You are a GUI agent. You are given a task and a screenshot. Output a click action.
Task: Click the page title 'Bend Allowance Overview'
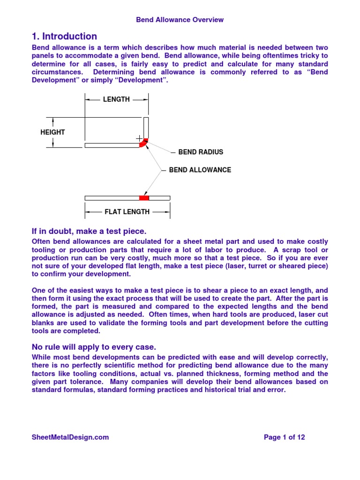click(x=180, y=20)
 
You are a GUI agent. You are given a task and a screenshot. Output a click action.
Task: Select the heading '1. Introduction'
click(x=64, y=37)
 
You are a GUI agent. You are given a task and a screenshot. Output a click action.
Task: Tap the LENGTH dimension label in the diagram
click(x=117, y=99)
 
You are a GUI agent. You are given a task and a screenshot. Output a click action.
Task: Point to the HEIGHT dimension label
click(x=52, y=132)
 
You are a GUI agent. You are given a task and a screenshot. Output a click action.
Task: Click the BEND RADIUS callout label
click(x=201, y=152)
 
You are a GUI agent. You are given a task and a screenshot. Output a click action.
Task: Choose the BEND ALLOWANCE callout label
click(x=200, y=170)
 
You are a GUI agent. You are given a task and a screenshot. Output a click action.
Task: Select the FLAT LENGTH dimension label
click(x=127, y=212)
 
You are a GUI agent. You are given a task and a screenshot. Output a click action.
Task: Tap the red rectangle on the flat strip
click(x=144, y=198)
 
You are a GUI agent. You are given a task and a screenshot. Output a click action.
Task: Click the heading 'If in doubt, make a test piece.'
click(x=89, y=231)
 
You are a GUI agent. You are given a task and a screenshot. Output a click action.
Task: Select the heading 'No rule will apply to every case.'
click(x=94, y=347)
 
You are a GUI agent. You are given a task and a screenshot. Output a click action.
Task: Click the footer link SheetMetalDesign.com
click(x=70, y=437)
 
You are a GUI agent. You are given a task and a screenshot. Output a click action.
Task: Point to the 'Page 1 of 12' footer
click(x=285, y=437)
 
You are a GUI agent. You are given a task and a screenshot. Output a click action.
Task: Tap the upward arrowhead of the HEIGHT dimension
click(x=52, y=120)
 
